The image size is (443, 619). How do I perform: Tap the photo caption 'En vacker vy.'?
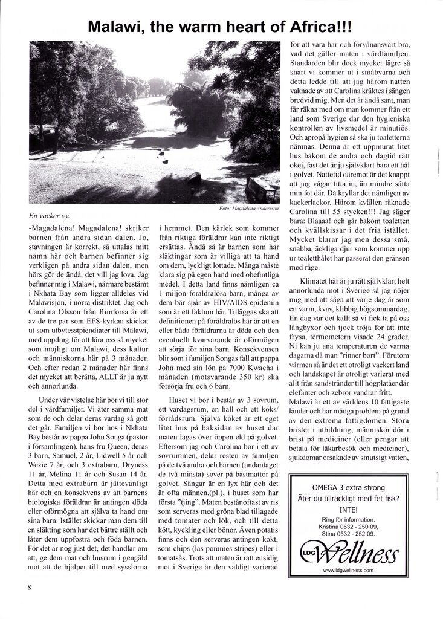pyautogui.click(x=53, y=215)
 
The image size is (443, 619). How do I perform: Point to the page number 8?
pyautogui.click(x=29, y=587)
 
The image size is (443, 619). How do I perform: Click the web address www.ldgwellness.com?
pyautogui.click(x=348, y=570)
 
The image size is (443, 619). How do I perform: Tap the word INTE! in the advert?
pyautogui.click(x=348, y=510)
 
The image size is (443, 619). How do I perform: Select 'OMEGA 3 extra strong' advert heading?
pyautogui.click(x=348, y=487)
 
